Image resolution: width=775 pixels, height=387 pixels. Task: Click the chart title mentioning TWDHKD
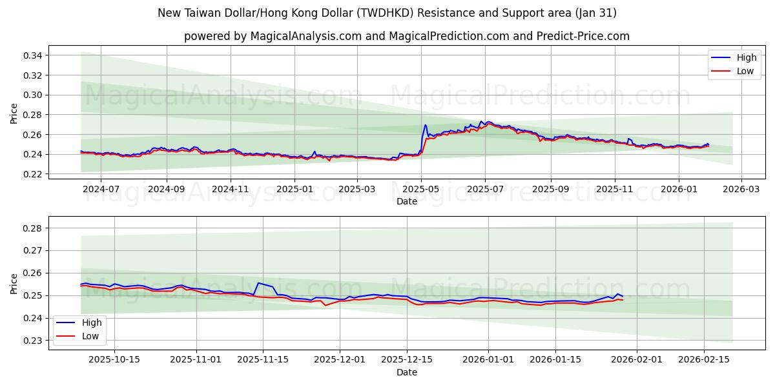387,13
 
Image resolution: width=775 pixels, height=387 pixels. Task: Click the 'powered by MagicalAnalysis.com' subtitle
406,36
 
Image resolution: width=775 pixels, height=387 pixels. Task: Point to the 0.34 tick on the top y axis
34,55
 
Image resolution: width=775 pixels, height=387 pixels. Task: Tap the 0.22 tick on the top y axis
34,174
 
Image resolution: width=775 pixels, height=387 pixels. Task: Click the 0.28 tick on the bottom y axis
34,228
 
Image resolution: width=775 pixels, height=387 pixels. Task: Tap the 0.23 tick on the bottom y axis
34,341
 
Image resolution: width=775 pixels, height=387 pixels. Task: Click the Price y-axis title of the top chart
14,114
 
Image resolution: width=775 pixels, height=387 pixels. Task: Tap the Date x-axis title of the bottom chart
407,372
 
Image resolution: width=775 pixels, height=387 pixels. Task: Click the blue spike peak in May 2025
425,125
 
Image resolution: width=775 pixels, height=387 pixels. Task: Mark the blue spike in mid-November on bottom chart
258,283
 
